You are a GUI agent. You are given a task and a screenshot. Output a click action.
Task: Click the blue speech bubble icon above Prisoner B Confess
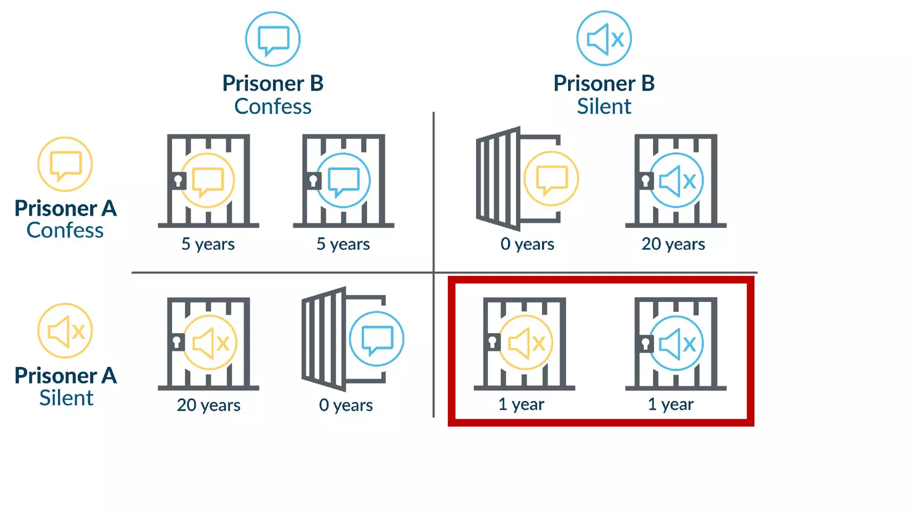coord(273,39)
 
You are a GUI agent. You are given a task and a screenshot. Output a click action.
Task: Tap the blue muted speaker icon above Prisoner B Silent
coord(604,39)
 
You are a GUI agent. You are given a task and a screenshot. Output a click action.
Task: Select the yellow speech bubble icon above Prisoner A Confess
coord(65,165)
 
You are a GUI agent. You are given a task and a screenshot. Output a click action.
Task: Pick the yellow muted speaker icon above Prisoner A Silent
coord(65,331)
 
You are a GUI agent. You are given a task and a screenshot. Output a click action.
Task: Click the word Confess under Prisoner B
coord(273,106)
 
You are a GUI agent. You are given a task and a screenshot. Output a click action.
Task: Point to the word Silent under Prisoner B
coord(604,106)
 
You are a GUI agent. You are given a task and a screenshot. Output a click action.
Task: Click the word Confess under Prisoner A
coord(65,230)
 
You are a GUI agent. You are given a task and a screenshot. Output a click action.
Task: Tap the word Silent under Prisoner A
coord(66,398)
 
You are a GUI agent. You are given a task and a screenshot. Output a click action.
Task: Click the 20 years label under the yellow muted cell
coord(208,405)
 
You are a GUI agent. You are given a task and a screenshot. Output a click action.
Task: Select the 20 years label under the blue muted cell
coord(673,244)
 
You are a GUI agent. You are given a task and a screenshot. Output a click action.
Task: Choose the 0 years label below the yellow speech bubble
coord(527,244)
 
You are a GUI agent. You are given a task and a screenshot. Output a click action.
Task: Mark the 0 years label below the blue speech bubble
coord(346,405)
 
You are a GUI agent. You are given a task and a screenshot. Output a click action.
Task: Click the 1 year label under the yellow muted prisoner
coord(521,404)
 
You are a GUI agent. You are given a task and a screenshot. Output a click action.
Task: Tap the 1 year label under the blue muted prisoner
coord(670,404)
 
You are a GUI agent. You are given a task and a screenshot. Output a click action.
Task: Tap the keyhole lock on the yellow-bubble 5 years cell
coord(178,181)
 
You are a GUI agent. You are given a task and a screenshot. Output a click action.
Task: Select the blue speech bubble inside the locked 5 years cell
coord(343,181)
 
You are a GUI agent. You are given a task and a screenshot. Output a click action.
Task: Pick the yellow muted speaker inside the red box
coord(526,343)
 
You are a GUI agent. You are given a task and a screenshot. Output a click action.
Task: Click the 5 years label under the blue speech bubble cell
coord(343,244)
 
